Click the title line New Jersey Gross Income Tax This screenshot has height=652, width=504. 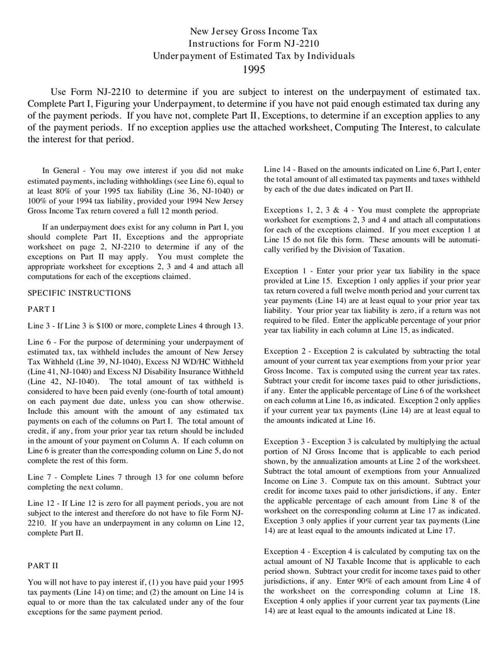pyautogui.click(x=254, y=31)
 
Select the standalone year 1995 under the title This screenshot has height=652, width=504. pyautogui.click(x=254, y=69)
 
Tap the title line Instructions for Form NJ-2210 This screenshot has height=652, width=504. pyautogui.click(x=254, y=43)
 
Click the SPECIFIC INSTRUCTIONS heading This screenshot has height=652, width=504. pyautogui.click(x=80, y=293)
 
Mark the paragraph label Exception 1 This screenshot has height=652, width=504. pyautogui.click(x=287, y=270)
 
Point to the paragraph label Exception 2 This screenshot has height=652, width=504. pyautogui.click(x=287, y=351)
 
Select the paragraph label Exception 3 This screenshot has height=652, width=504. pyautogui.click(x=287, y=442)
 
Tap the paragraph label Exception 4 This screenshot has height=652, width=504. pyautogui.click(x=287, y=551)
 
